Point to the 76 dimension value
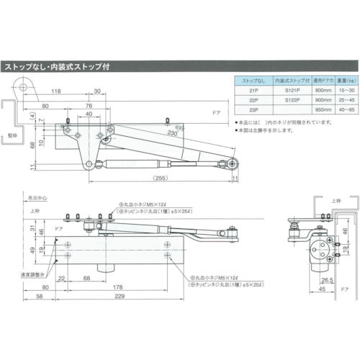click(89, 105)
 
